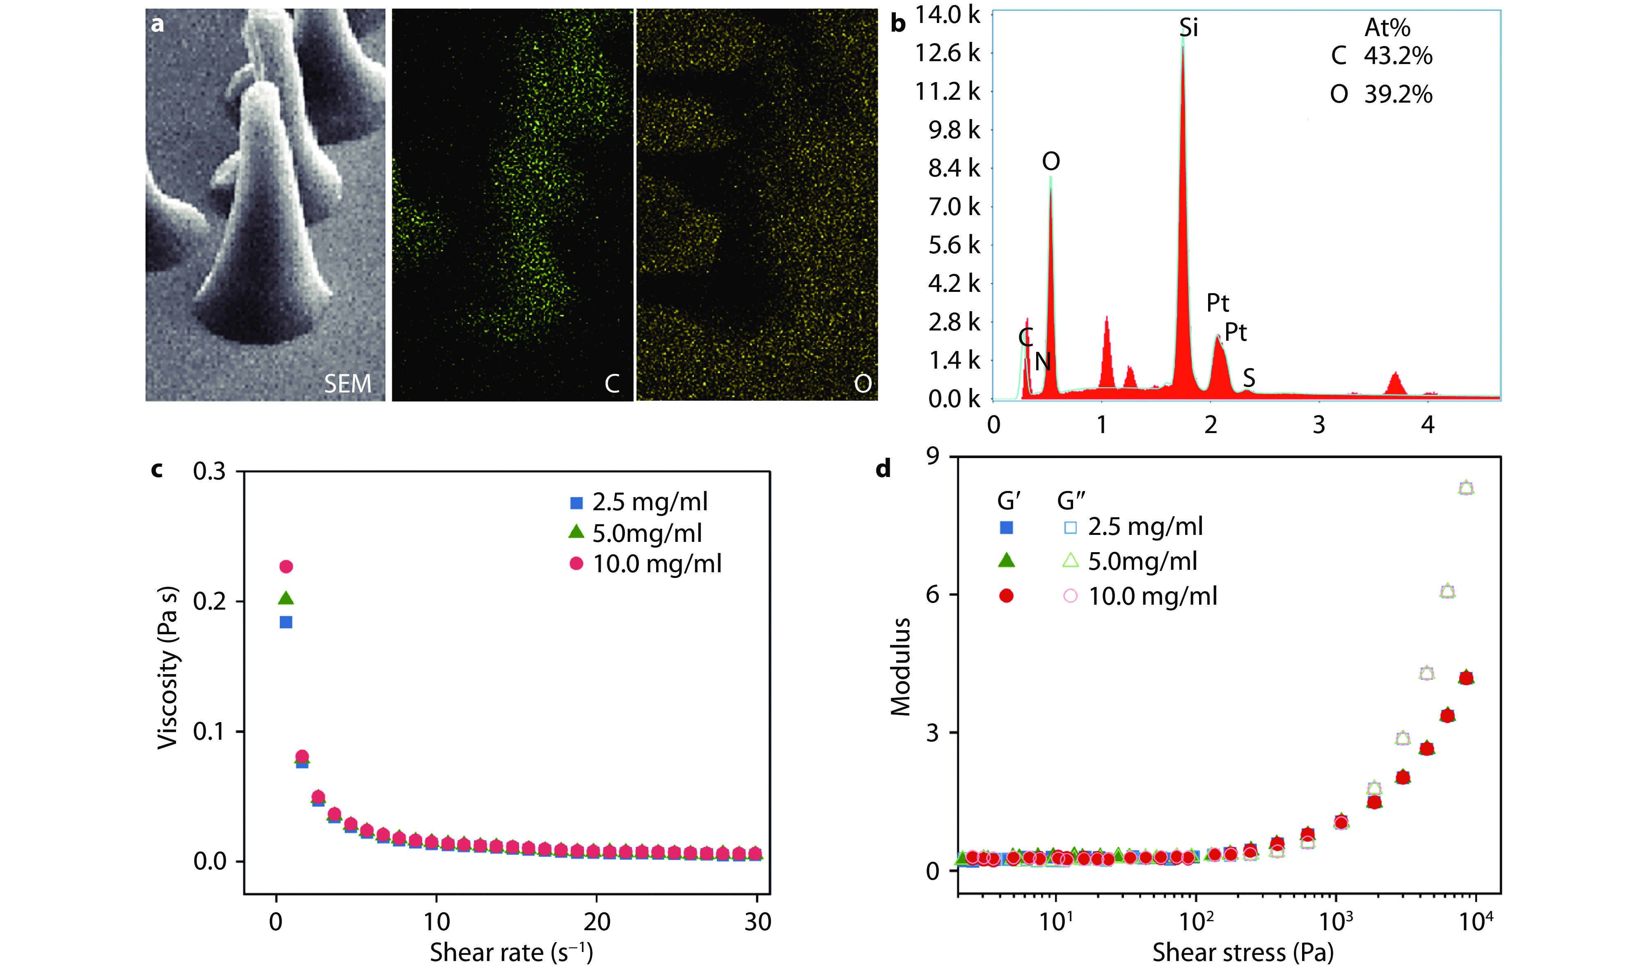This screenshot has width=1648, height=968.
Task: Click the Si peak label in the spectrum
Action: (1188, 28)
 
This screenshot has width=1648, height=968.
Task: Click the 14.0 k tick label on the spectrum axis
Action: (947, 14)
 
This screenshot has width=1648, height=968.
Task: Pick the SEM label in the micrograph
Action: (347, 383)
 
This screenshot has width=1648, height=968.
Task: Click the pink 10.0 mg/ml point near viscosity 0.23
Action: (286, 567)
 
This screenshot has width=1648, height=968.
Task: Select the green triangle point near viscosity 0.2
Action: (286, 598)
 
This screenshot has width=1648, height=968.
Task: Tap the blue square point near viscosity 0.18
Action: (286, 622)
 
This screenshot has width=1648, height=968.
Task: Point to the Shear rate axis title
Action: (511, 952)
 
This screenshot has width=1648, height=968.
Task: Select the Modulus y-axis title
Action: (900, 667)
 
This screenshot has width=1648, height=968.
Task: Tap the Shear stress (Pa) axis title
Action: (1243, 952)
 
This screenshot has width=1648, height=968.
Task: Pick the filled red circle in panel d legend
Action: (1007, 596)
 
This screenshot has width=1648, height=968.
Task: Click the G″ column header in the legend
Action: (1071, 501)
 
